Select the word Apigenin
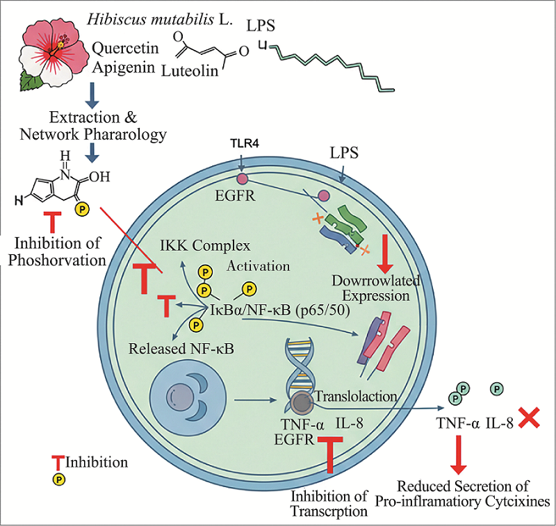pos(126,67)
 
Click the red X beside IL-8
pos(531,418)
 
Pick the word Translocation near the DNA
pos(356,396)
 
